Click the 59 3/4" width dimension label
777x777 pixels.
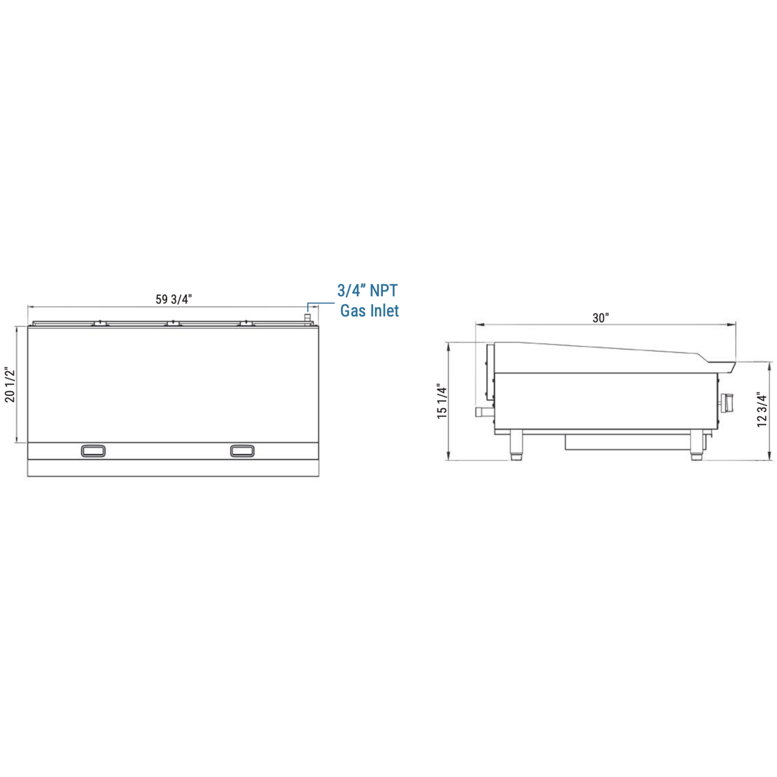click(x=174, y=299)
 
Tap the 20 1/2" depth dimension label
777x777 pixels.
click(x=10, y=384)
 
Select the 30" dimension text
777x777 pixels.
click(x=601, y=318)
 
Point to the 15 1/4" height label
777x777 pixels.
click(x=443, y=401)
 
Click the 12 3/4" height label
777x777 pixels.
click(x=762, y=409)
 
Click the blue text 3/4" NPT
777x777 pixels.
click(x=367, y=290)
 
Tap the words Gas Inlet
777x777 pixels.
click(x=369, y=310)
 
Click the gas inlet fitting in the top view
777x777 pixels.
click(x=307, y=318)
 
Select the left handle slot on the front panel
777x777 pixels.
click(x=93, y=451)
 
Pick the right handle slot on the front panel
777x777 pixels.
click(x=243, y=451)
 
